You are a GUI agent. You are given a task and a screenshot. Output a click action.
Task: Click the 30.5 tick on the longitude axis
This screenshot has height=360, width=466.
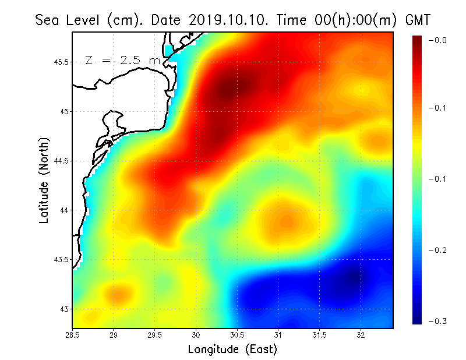pos(237,335)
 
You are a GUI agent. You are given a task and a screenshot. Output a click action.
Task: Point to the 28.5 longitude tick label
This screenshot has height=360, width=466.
pos(73,335)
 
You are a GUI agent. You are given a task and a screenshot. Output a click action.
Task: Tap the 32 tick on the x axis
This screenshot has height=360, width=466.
pos(361,335)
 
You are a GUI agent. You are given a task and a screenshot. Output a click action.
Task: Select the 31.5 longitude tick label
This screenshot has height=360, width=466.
pos(319,335)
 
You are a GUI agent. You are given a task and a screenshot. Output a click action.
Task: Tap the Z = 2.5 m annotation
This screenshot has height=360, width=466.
pos(122,60)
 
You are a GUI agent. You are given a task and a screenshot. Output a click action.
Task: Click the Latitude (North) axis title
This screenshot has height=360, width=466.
pos(44,180)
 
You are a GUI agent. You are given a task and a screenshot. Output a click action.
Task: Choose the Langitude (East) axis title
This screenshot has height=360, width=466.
pos(232,350)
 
